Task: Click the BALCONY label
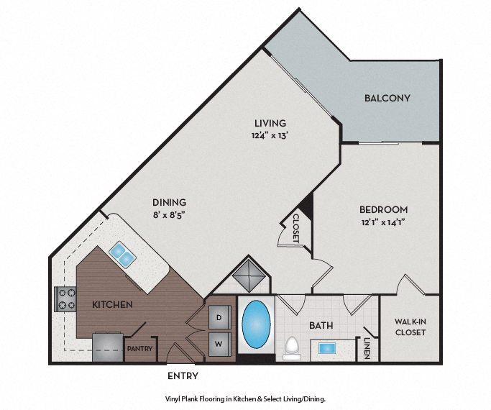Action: click(387, 98)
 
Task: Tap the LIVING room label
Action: click(270, 123)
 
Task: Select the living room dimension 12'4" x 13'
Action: click(270, 135)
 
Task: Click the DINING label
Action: click(169, 202)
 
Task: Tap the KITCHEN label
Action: click(112, 305)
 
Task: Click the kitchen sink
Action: click(121, 252)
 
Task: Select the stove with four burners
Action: click(66, 299)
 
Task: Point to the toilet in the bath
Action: click(292, 348)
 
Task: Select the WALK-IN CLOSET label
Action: click(410, 327)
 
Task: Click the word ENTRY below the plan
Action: click(183, 375)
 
